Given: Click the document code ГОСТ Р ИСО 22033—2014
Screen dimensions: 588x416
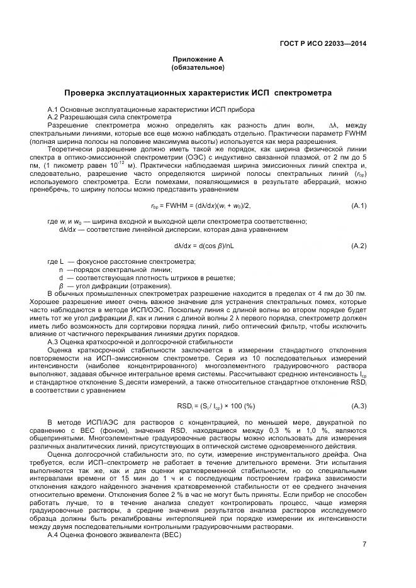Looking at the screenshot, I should (x=323, y=43).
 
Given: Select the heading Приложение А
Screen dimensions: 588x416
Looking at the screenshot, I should (x=198, y=59).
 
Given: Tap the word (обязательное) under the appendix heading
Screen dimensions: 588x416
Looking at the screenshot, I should (x=198, y=67).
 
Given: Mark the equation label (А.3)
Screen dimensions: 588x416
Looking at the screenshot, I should (x=359, y=405).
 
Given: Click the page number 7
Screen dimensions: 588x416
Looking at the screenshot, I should (x=364, y=544).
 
